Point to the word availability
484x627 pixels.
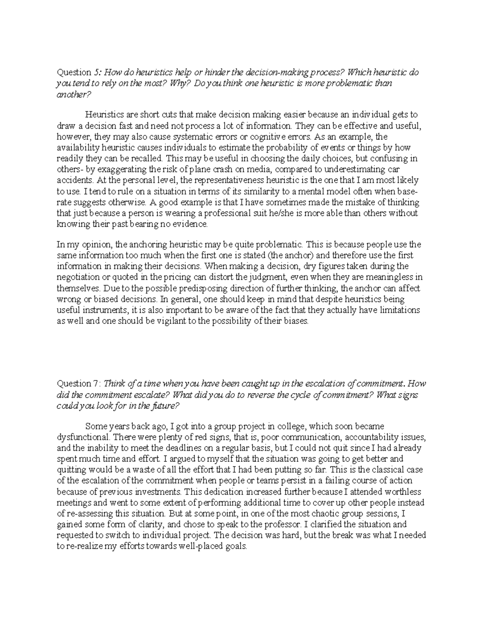point(77,147)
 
